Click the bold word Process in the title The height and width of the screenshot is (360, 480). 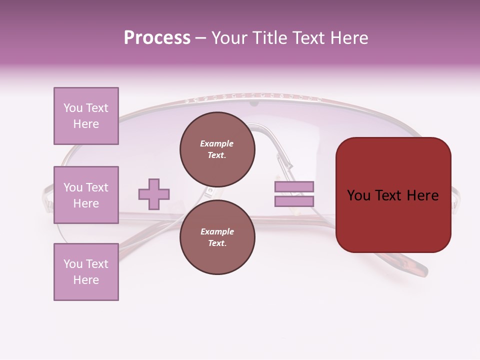157,38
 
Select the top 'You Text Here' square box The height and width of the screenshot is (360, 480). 86,116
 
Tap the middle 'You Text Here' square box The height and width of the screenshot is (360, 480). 86,195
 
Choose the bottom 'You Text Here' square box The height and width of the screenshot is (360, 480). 86,272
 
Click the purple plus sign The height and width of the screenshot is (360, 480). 154,194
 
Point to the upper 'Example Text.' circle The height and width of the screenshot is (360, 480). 217,149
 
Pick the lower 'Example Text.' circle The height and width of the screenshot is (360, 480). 217,237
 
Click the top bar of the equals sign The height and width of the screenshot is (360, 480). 294,186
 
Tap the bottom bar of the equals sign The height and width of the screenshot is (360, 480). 294,201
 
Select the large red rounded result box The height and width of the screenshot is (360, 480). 393,195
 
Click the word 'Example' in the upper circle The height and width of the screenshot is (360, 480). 217,143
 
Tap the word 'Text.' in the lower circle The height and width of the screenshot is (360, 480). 217,243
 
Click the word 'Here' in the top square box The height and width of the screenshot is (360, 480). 86,124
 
